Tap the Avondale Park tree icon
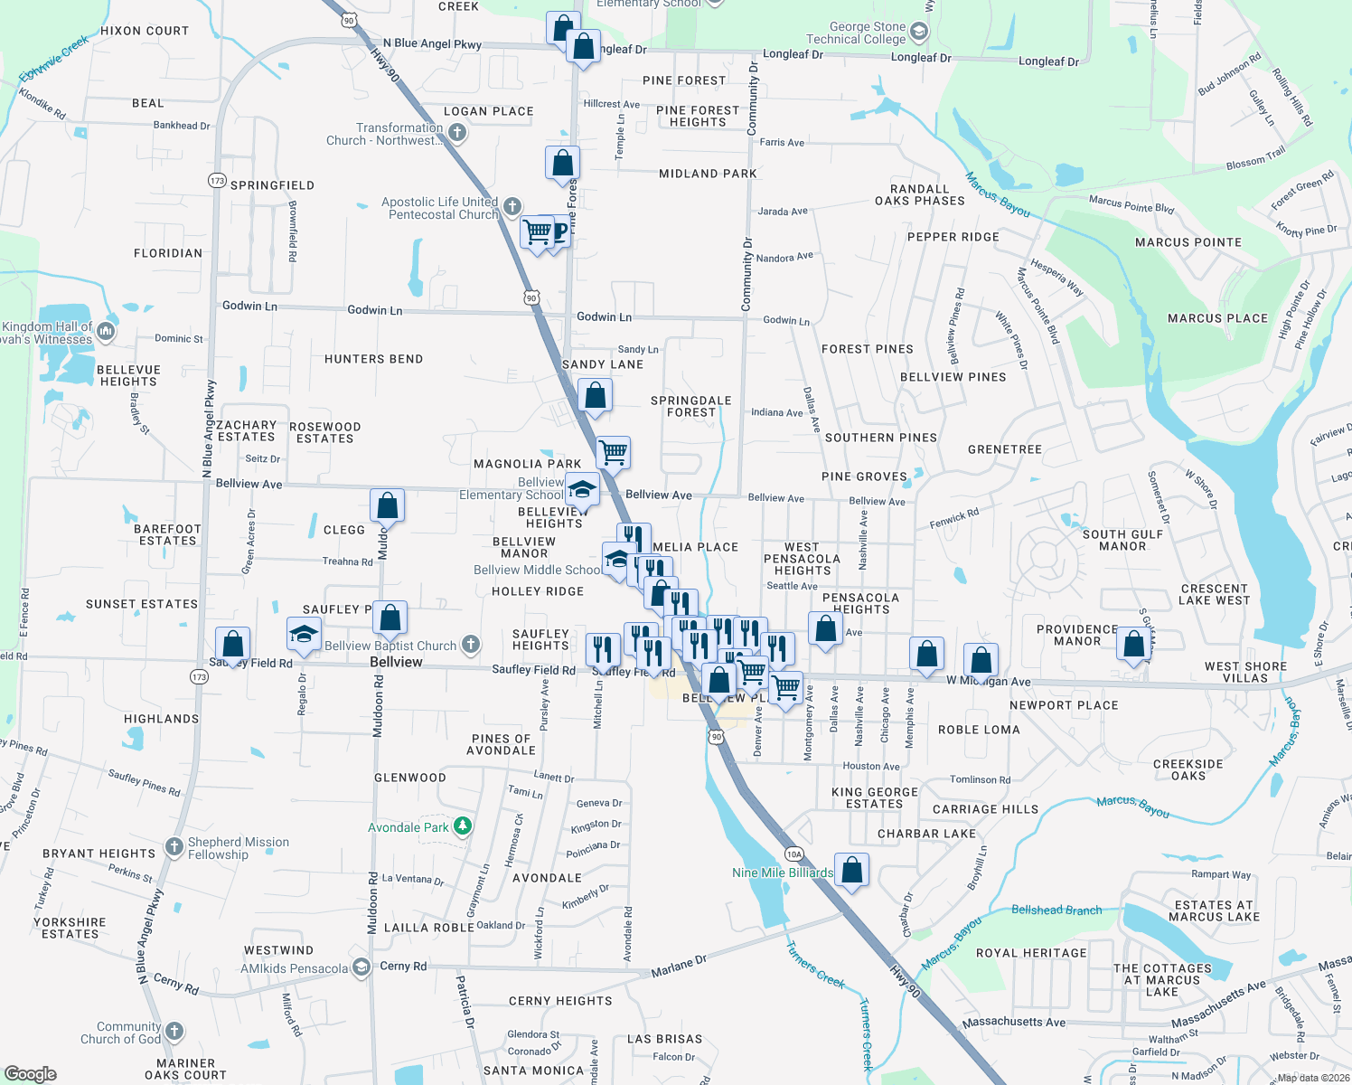tap(462, 826)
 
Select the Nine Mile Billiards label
tap(783, 873)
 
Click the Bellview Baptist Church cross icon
tap(470, 645)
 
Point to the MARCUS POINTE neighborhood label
tap(1188, 242)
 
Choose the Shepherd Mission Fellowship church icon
tap(174, 847)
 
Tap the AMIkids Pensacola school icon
tap(361, 968)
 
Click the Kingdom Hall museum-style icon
tap(106, 332)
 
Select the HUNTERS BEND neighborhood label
tap(373, 359)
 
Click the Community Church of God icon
tap(174, 1032)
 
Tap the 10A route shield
tap(793, 854)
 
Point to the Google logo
tap(30, 1074)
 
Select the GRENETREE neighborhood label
tap(1005, 449)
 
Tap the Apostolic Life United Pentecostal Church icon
tap(512, 207)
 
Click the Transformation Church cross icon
tap(457, 133)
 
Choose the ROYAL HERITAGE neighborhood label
tap(1031, 953)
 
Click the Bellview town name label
tap(396, 662)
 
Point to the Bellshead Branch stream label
tap(1056, 910)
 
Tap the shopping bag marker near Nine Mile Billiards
tap(851, 870)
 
